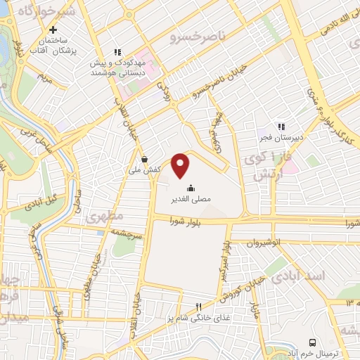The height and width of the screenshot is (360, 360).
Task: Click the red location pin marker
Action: coord(181,165)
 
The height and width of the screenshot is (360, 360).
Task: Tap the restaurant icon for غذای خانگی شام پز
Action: coord(198,306)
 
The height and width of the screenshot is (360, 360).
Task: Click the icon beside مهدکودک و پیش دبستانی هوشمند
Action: coord(117,52)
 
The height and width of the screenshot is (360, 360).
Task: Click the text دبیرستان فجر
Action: coord(281,138)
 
